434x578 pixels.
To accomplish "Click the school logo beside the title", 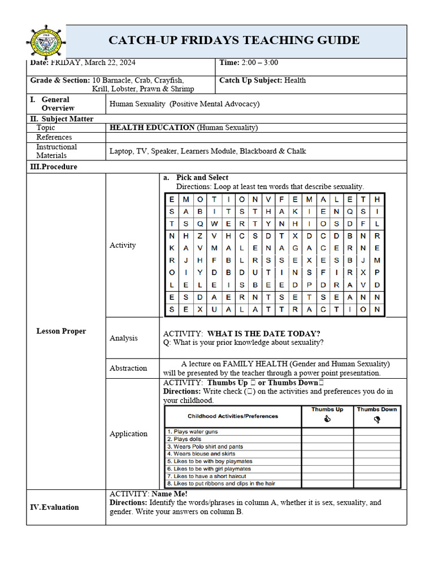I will pyautogui.click(x=45, y=41).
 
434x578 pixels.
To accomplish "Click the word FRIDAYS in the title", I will pyautogui.click(x=220, y=40).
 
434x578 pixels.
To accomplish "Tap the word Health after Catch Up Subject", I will pyautogui.click(x=295, y=80).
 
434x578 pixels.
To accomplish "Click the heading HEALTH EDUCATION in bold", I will pyautogui.click(x=152, y=128).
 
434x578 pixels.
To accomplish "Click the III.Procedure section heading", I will pyautogui.click(x=54, y=167).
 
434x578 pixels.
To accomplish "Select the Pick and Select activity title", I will pyautogui.click(x=202, y=177).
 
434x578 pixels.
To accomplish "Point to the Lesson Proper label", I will pyautogui.click(x=61, y=331).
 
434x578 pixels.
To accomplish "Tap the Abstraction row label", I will pyautogui.click(x=128, y=368).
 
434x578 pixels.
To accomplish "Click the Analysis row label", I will pyautogui.click(x=123, y=338).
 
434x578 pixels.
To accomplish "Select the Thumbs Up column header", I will pyautogui.click(x=327, y=409).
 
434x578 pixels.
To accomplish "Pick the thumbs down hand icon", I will pyautogui.click(x=377, y=419).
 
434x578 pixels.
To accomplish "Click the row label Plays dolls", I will pyautogui.click(x=187, y=439).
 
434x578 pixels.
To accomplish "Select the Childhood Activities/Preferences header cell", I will pyautogui.click(x=233, y=416).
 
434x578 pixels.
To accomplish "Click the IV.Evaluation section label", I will pyautogui.click(x=54, y=507).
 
